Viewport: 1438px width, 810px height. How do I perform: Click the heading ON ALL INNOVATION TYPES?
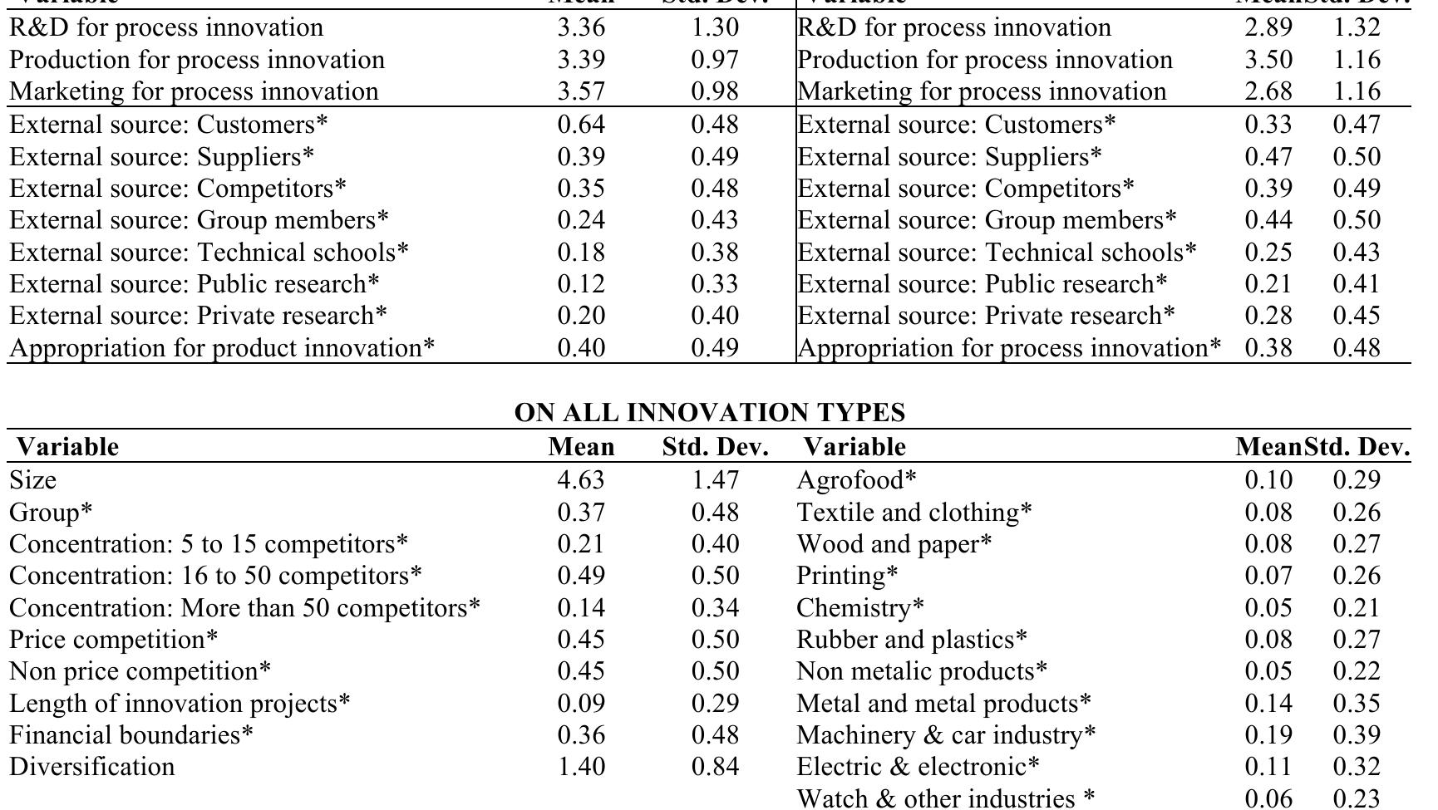(x=710, y=413)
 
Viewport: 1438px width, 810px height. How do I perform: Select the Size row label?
(x=33, y=480)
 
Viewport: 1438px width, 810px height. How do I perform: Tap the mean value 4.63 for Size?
(x=581, y=480)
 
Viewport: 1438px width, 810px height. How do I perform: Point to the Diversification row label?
(x=92, y=766)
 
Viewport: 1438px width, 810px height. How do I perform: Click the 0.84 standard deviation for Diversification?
(x=715, y=766)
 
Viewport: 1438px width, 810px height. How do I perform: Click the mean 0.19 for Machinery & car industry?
(x=1268, y=735)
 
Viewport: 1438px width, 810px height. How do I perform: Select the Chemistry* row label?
(x=859, y=608)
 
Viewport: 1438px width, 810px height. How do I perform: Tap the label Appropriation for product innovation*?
(x=222, y=348)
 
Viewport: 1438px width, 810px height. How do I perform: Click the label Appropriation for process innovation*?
(x=1009, y=348)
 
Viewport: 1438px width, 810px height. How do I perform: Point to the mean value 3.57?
(x=581, y=91)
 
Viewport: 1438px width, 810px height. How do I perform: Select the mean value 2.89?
(x=1268, y=27)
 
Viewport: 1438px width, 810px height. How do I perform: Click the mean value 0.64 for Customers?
(x=581, y=125)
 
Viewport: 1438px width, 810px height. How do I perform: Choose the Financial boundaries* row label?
(x=131, y=735)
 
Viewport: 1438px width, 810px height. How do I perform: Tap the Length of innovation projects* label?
(x=180, y=704)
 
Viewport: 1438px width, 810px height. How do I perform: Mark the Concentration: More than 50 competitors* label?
(x=245, y=608)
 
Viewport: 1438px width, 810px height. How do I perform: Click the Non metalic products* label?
(x=922, y=671)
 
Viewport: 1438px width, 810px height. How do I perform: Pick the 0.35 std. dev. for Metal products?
(x=1357, y=704)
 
